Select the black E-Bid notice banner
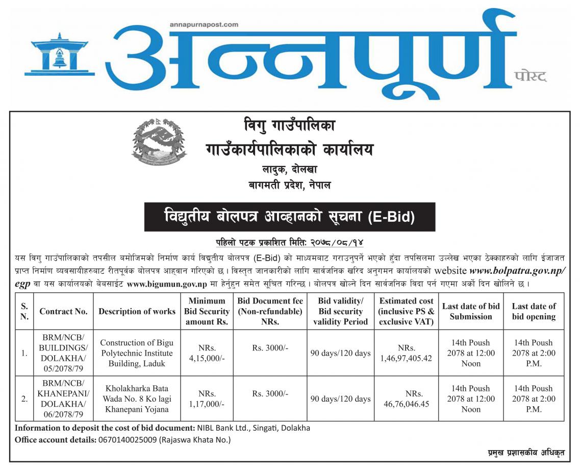click(x=289, y=217)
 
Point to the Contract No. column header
click(x=63, y=311)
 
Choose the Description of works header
click(x=137, y=311)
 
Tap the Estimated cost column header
click(x=407, y=311)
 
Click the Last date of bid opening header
click(x=534, y=311)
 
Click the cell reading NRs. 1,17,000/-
click(x=207, y=399)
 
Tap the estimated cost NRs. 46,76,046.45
click(x=407, y=399)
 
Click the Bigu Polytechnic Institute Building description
click(x=137, y=353)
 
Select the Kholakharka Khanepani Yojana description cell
click(x=137, y=399)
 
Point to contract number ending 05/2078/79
click(x=63, y=353)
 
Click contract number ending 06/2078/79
click(x=63, y=399)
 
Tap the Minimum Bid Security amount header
click(x=207, y=311)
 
